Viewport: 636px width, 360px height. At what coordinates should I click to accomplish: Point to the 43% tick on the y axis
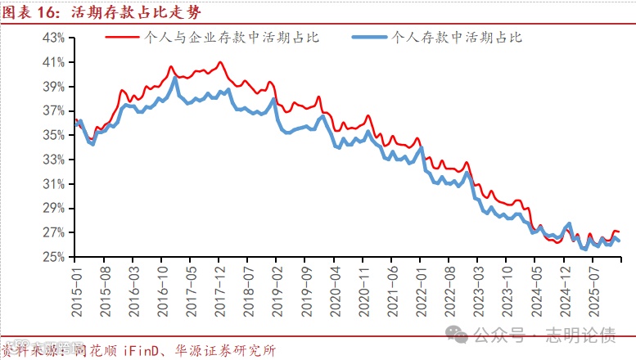pyautogui.click(x=53, y=38)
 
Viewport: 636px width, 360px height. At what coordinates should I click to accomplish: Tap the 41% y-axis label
pyautogui.click(x=53, y=62)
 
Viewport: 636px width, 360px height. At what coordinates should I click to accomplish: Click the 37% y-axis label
pyautogui.click(x=53, y=110)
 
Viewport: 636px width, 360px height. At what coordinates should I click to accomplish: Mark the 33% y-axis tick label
pyautogui.click(x=53, y=160)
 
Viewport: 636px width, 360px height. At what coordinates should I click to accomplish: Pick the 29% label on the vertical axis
pyautogui.click(x=53, y=208)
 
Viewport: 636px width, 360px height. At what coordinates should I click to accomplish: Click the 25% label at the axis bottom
pyautogui.click(x=53, y=257)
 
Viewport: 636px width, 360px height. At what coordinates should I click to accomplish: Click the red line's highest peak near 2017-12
pyautogui.click(x=219, y=62)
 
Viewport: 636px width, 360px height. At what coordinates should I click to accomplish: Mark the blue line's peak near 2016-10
pyautogui.click(x=174, y=79)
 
